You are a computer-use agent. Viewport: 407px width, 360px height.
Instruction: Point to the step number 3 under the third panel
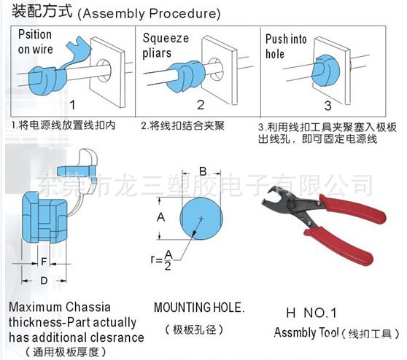coord(328,104)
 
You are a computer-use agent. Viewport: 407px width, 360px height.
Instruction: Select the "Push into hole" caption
coord(286,45)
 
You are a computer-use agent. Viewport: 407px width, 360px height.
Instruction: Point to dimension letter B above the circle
coord(202,171)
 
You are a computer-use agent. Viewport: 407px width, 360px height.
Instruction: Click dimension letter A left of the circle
coord(161,217)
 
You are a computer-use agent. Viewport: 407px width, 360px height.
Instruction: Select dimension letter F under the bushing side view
coord(44,261)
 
